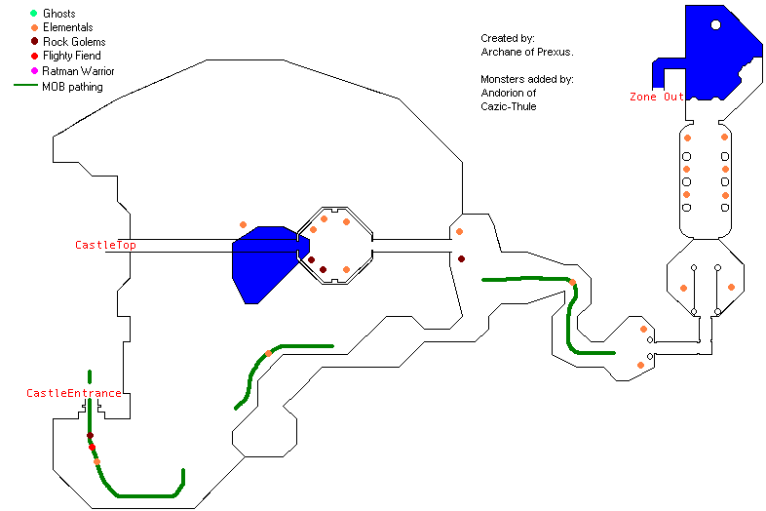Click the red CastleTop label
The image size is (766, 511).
105,245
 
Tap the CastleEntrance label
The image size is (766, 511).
74,393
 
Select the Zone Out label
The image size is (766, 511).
657,97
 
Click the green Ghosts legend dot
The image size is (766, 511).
34,14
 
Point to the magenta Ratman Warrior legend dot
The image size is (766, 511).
34,71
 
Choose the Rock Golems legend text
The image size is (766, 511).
74,42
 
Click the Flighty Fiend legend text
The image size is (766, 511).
72,56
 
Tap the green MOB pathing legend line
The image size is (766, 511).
25,85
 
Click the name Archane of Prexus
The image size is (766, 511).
526,52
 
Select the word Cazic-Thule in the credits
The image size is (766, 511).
509,106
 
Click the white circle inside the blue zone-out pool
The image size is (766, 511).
715,24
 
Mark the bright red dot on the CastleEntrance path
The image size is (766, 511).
92,447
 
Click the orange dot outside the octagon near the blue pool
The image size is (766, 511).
243,225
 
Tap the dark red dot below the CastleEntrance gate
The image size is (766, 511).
90,435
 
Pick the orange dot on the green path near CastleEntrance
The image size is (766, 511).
96,461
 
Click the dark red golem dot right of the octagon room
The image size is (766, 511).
461,258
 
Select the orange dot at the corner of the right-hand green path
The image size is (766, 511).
572,282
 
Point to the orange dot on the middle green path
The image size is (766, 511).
268,353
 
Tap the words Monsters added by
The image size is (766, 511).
526,79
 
